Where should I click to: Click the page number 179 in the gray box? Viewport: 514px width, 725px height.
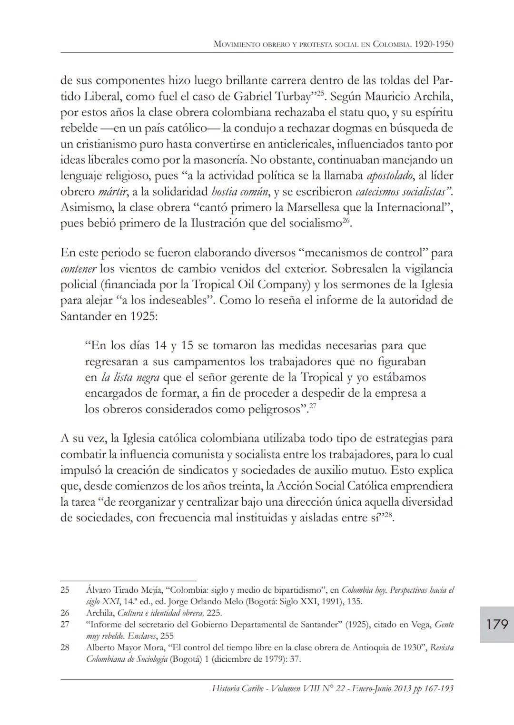[x=497, y=624]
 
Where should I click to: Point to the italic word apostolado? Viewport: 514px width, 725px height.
[x=390, y=176]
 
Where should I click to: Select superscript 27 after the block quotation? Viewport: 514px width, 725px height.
[x=313, y=406]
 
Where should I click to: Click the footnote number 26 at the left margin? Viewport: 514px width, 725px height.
[x=65, y=613]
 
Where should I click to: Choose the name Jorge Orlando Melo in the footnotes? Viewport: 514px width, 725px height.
[x=207, y=601]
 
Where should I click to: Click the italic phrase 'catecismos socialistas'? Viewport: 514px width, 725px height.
[x=402, y=192]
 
